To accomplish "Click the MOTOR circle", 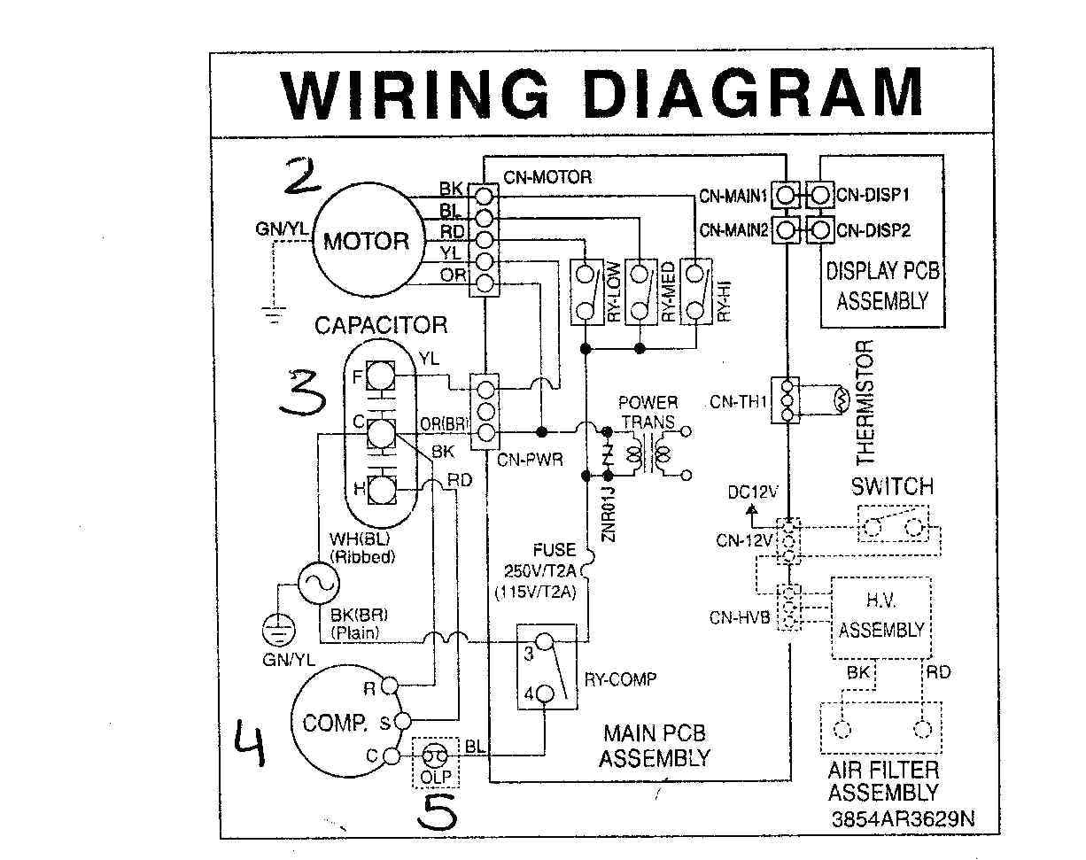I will click(366, 240).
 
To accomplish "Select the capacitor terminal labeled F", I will click(380, 376).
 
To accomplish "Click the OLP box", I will click(434, 761).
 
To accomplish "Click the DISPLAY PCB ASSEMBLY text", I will click(881, 285).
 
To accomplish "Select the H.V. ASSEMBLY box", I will click(880, 617).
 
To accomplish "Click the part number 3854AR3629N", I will click(903, 818).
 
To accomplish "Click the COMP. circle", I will click(337, 723).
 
